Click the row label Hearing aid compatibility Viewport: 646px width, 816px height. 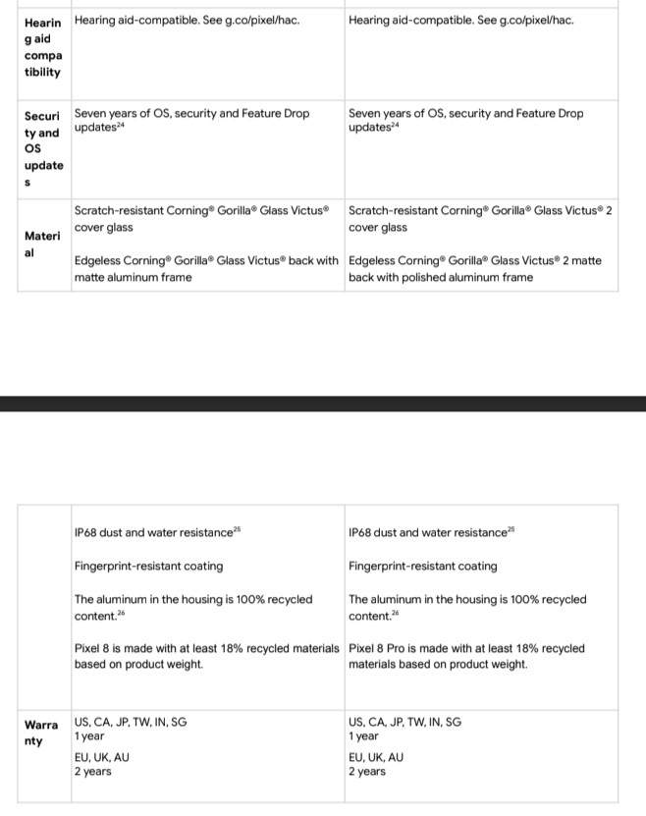point(41,47)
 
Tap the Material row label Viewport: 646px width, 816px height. point(41,245)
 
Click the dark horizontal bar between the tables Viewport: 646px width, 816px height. point(323,404)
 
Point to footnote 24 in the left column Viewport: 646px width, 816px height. point(123,128)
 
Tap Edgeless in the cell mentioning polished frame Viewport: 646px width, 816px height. point(371,261)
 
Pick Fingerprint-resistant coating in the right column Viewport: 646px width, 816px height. point(422,567)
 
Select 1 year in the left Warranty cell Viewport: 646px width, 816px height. point(89,736)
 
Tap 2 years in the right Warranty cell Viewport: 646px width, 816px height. point(367,772)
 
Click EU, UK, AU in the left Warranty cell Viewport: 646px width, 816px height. point(101,758)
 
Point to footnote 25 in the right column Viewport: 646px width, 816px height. point(511,530)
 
